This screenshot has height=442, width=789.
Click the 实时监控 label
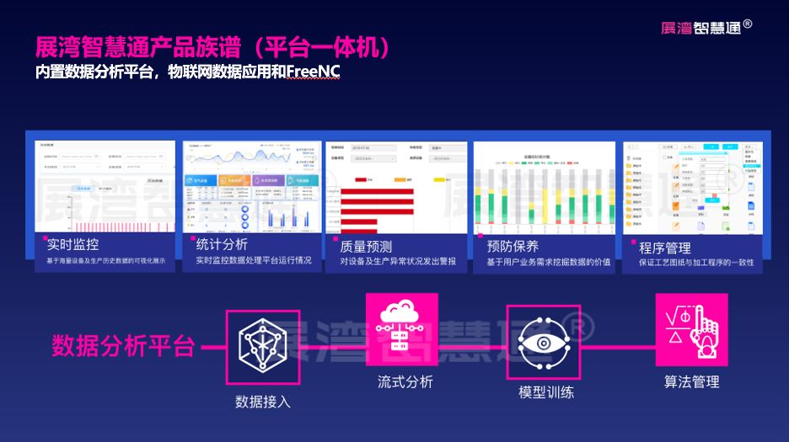pyautogui.click(x=73, y=245)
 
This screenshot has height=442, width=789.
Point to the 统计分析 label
pyautogui.click(x=222, y=245)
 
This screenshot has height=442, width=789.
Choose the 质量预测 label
pyautogui.click(x=366, y=247)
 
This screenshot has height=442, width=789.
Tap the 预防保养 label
pyautogui.click(x=513, y=247)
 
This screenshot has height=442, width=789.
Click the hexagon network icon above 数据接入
pyautogui.click(x=263, y=345)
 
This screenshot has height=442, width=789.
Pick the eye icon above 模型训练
pyautogui.click(x=544, y=345)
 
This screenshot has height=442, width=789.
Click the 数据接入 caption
pyautogui.click(x=263, y=402)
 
